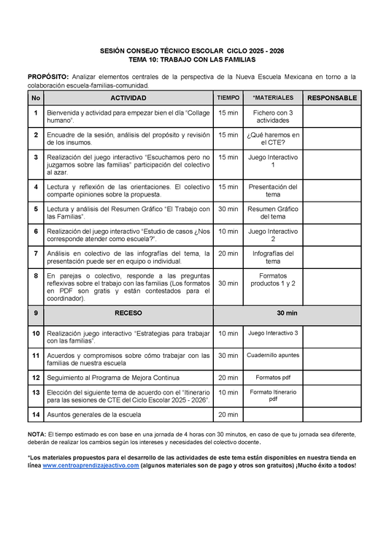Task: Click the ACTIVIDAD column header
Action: pos(128,98)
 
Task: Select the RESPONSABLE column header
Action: pos(331,98)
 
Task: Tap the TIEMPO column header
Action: pos(228,98)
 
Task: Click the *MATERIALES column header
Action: pos(272,98)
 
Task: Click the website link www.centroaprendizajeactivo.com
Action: pos(90,465)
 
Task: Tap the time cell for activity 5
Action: pos(228,208)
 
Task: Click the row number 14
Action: pos(35,414)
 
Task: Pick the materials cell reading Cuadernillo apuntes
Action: pos(272,355)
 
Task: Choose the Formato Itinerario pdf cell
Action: pos(272,396)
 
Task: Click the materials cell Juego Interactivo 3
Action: pos(272,333)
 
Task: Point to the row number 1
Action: pos(35,112)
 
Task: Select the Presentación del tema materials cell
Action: pos(272,191)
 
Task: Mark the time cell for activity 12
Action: pos(228,378)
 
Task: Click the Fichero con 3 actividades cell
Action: pos(272,116)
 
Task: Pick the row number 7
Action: pos(35,253)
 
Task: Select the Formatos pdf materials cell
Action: pos(272,378)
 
